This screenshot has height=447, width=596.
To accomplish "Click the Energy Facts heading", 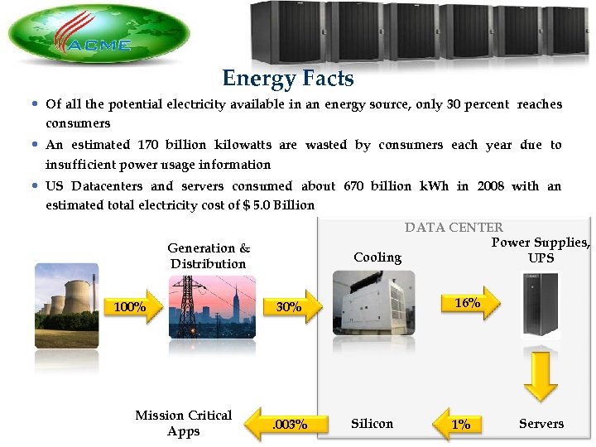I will (x=287, y=79).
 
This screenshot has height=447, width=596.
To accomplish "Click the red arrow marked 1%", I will (x=460, y=424).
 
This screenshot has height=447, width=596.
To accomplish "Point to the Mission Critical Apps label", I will (x=184, y=423).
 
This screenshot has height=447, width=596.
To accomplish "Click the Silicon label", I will (x=372, y=424).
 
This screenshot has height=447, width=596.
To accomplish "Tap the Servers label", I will (x=541, y=424).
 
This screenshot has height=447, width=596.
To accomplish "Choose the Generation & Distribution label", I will (x=209, y=256).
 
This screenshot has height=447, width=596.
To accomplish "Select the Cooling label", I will (x=377, y=257).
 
